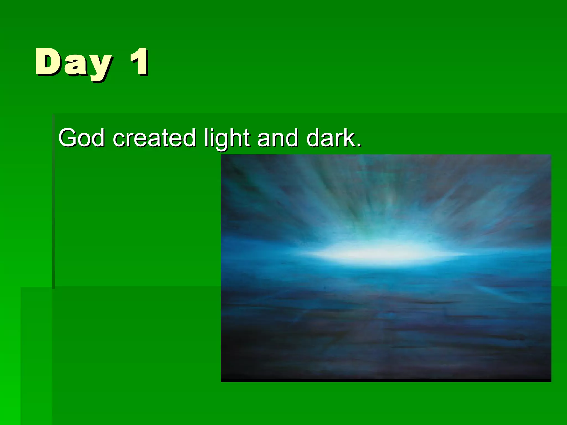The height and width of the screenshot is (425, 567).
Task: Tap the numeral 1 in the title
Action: (139, 61)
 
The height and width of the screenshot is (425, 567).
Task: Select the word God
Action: (81, 138)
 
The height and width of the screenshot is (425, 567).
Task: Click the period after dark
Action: (359, 145)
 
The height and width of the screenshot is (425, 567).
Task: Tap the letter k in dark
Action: (348, 138)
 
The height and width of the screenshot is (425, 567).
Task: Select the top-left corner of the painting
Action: (221, 156)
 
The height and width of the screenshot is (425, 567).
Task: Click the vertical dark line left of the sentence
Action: (53, 202)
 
